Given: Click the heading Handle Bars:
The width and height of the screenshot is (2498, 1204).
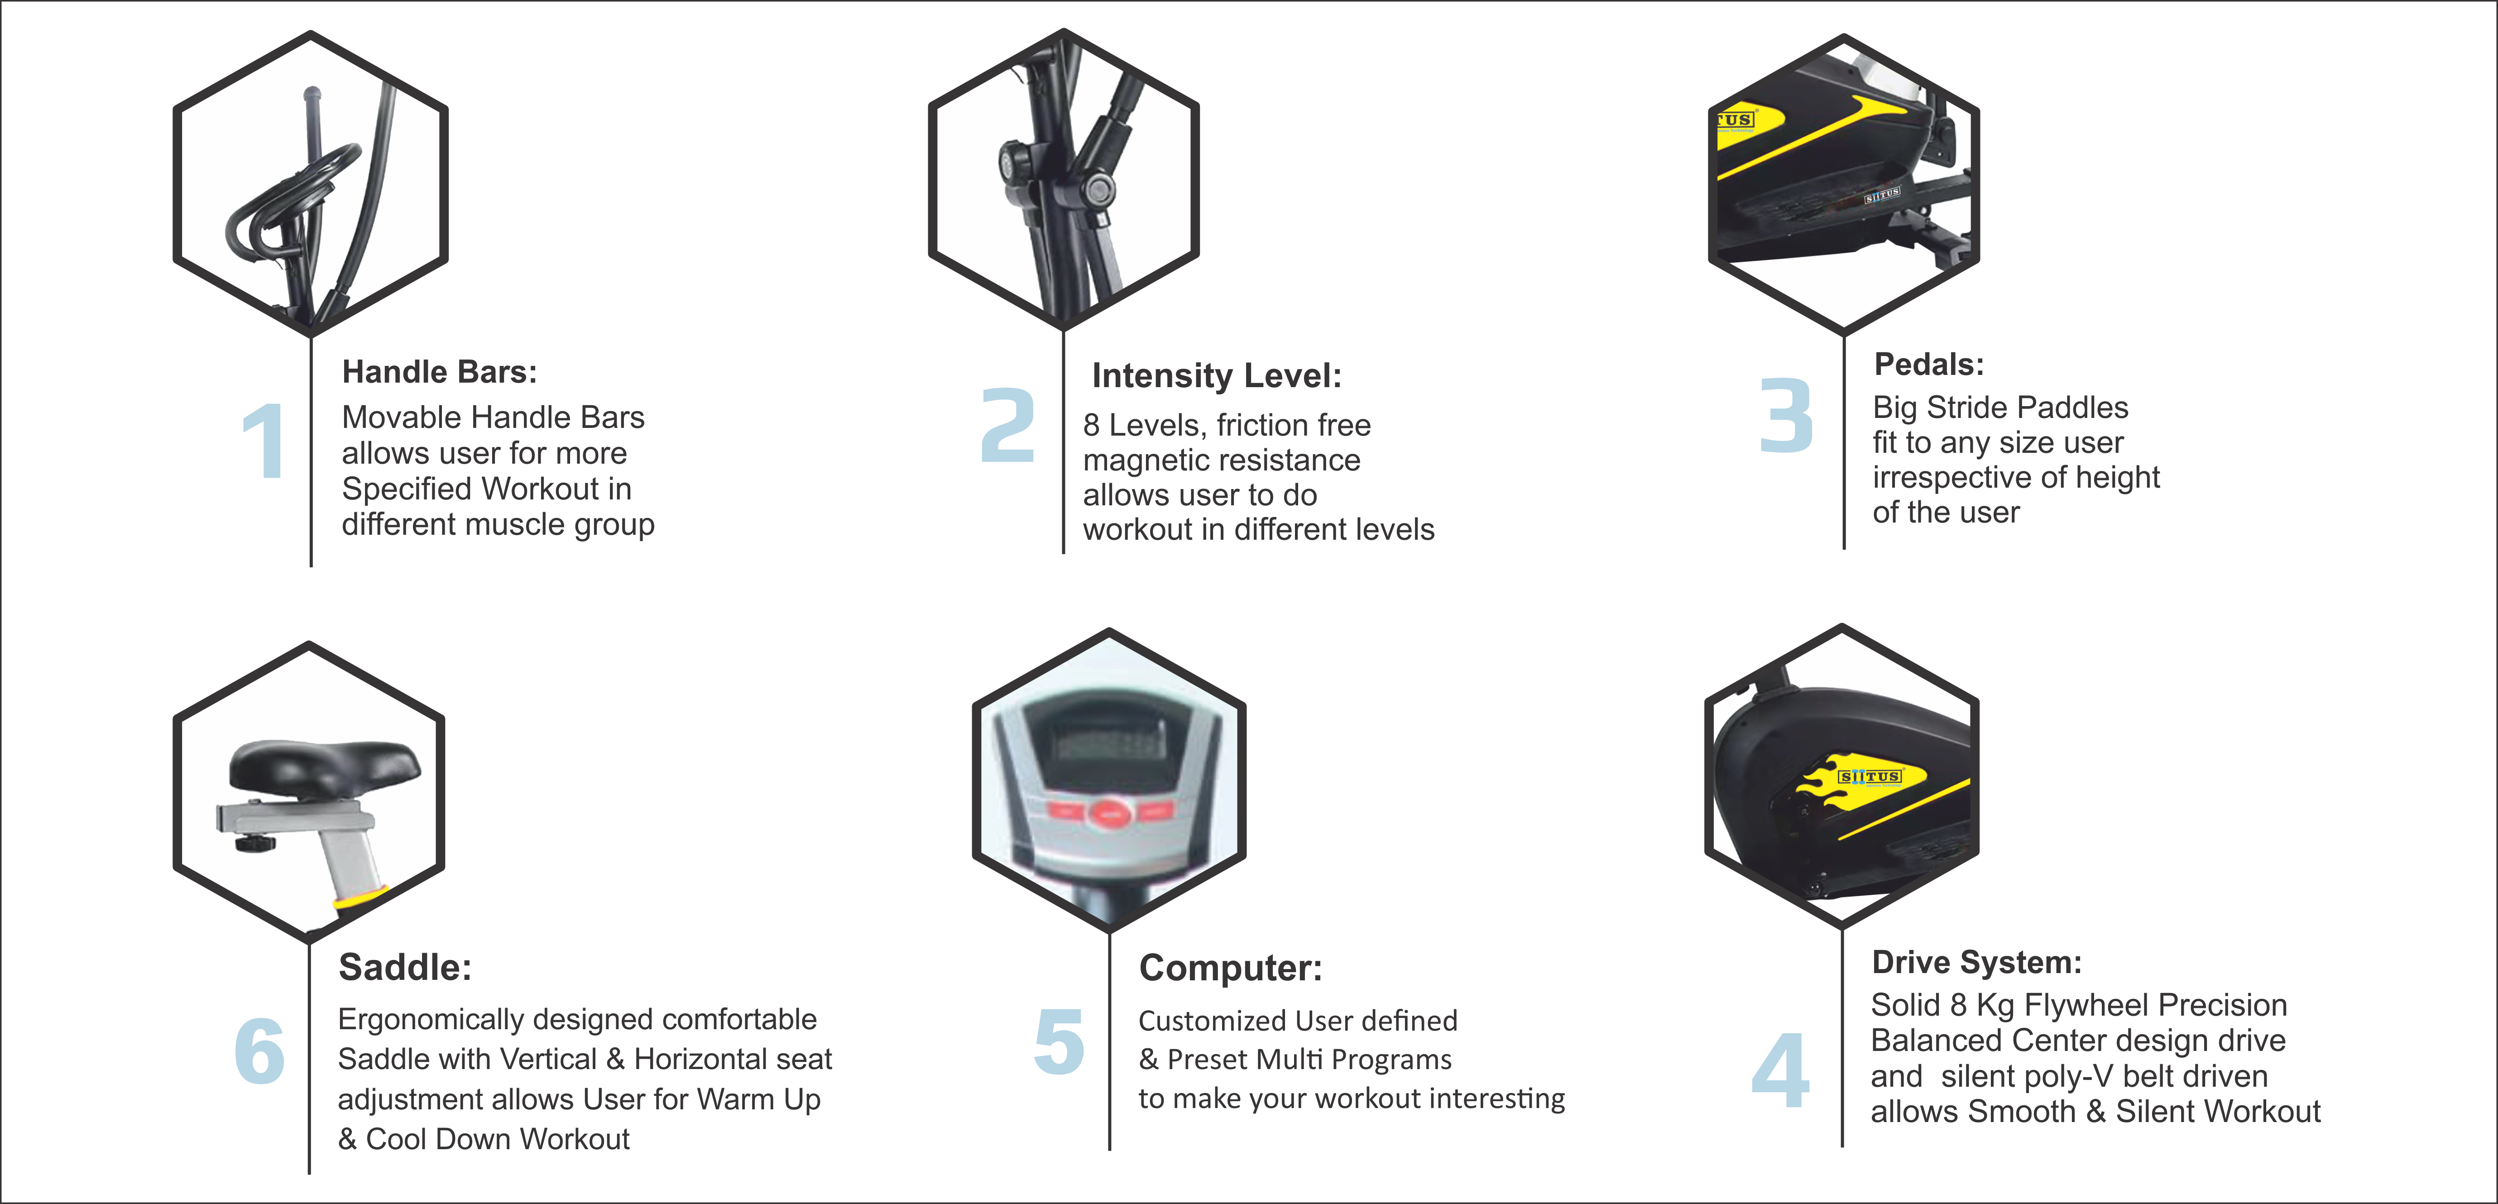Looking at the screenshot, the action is (439, 372).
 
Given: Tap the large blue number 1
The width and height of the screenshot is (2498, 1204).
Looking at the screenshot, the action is (264, 441).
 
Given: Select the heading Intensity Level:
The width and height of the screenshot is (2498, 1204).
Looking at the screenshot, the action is (1217, 376).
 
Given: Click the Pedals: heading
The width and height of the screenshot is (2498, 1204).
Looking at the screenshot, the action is (1929, 365).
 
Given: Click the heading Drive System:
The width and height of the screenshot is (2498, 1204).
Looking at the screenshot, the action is (1976, 963).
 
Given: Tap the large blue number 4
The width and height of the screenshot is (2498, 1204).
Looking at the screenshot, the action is (1780, 1071).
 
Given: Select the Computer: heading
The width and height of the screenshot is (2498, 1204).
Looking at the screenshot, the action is (1231, 969).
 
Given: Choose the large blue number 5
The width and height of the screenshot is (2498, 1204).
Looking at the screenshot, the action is (1059, 1042).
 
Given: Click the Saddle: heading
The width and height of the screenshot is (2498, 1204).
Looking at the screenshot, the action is (405, 968).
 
